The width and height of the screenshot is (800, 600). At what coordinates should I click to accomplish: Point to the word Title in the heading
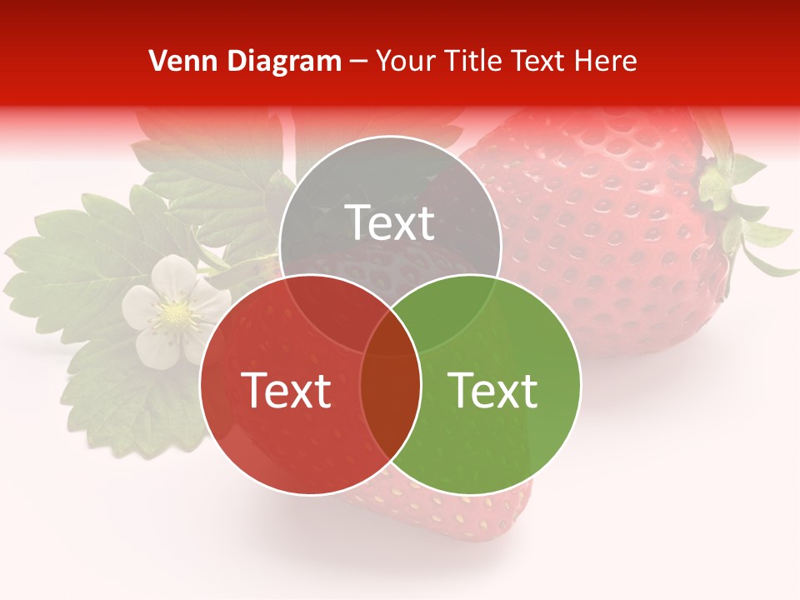(476, 61)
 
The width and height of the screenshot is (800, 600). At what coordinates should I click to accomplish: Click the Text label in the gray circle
(390, 222)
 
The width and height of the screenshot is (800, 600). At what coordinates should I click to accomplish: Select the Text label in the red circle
(286, 390)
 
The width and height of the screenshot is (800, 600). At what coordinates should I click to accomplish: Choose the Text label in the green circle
(493, 390)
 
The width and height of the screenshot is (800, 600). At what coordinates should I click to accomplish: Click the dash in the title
(359, 61)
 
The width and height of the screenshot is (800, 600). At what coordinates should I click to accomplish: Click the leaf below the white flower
(133, 400)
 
